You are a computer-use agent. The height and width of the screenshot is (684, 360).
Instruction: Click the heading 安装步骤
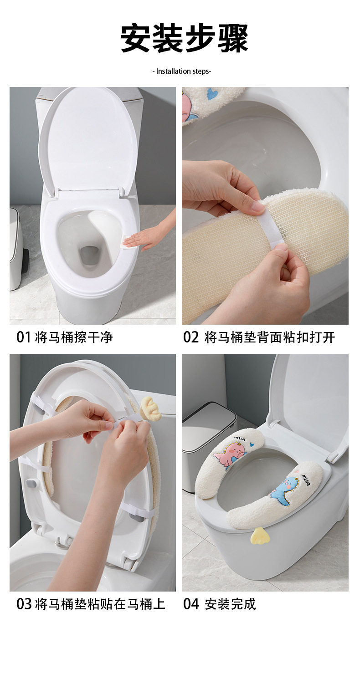pyautogui.click(x=184, y=39)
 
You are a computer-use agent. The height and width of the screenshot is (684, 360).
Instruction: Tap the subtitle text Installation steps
pyautogui.click(x=182, y=71)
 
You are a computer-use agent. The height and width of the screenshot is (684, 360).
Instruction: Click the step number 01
pyautogui.click(x=24, y=337)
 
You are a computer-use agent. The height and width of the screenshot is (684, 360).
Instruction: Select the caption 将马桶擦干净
pyautogui.click(x=74, y=337)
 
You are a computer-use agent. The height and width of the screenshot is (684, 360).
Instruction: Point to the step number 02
pyautogui.click(x=191, y=337)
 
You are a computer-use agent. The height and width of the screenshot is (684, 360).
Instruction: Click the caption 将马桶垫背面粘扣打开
pyautogui.click(x=270, y=337)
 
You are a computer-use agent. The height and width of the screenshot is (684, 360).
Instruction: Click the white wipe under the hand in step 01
pyautogui.click(x=130, y=243)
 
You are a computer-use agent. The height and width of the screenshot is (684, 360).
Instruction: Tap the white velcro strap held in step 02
pyautogui.click(x=272, y=225)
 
